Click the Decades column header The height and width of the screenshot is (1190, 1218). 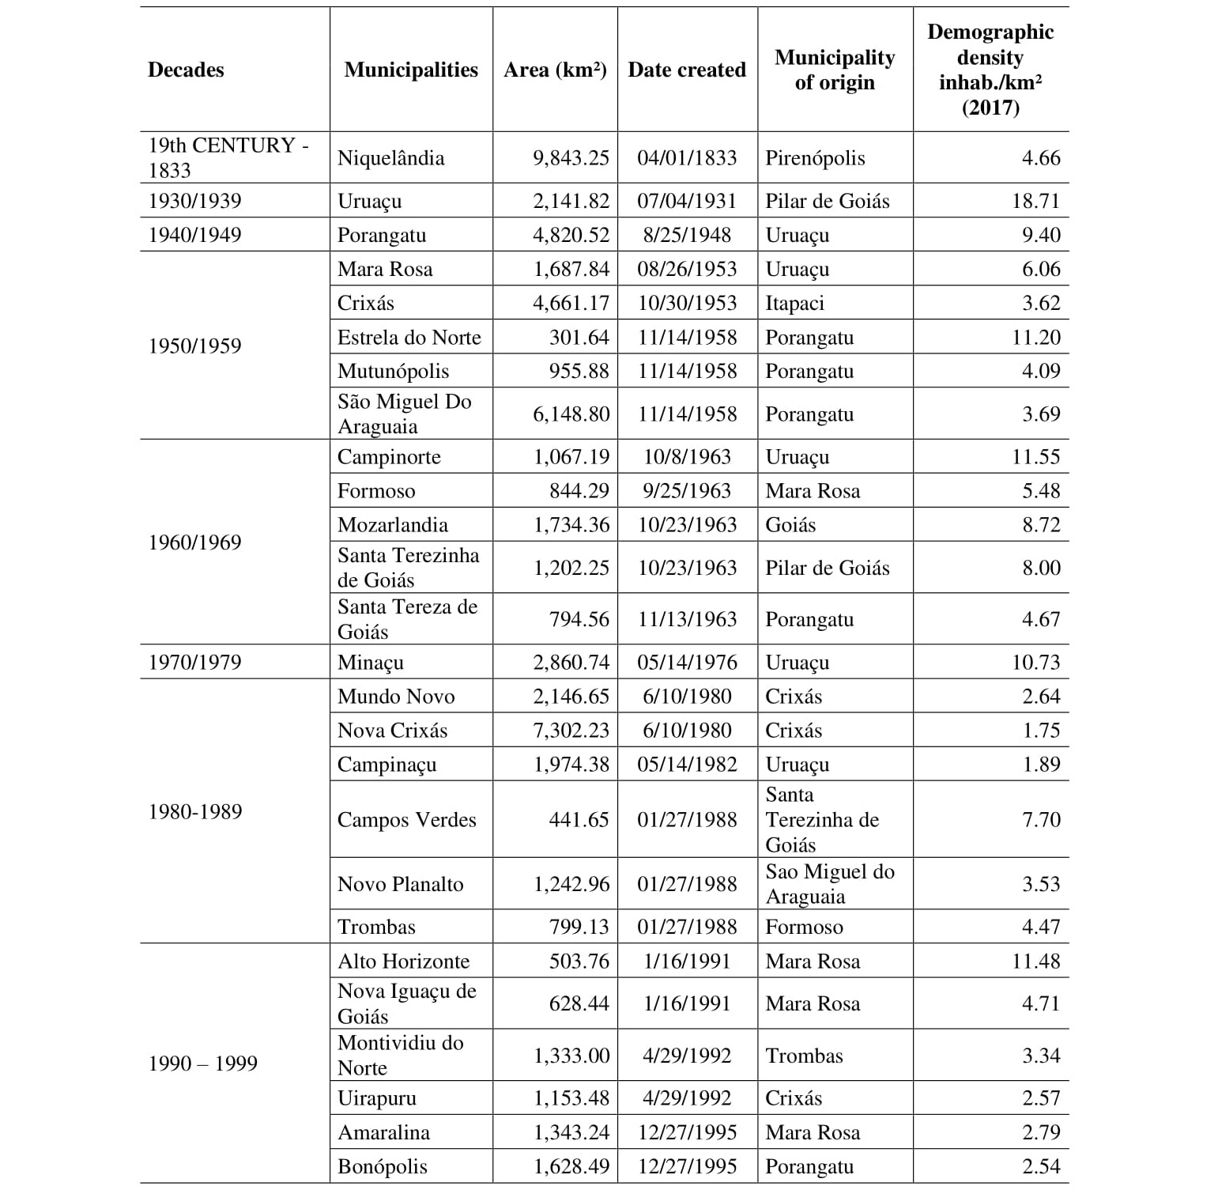186,70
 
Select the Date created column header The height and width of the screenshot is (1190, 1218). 686,70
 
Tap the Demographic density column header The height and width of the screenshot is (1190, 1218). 990,70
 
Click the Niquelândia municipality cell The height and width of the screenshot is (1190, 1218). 390,158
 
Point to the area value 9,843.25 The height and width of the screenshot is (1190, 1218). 571,158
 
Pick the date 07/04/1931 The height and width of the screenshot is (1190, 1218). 686,201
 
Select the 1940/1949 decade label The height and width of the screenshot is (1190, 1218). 194,235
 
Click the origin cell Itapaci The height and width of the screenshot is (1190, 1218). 794,303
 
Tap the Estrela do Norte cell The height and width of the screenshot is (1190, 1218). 409,338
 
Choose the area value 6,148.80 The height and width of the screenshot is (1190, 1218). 571,414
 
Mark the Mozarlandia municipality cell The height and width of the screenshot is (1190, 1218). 392,525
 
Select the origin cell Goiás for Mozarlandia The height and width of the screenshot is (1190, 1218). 790,525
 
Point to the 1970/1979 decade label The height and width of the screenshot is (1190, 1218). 194,663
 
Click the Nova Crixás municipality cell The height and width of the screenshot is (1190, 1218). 392,731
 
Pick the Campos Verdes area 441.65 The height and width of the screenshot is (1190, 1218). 579,820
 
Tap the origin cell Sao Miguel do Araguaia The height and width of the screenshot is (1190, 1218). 829,884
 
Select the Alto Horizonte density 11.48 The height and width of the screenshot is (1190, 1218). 1035,961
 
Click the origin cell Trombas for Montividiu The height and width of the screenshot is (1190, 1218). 804,1056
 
